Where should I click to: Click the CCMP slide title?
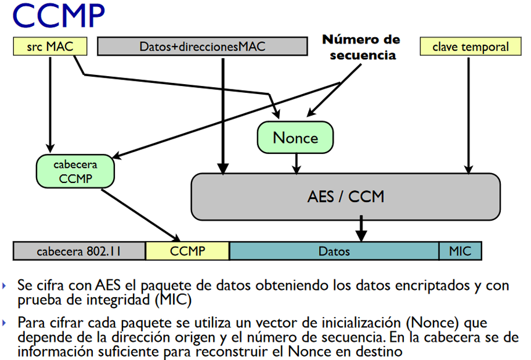pyautogui.click(x=59, y=15)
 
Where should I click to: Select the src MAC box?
pyautogui.click(x=50, y=46)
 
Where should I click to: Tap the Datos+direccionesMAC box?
pyautogui.click(x=203, y=46)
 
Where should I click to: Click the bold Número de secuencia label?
pyautogui.click(x=362, y=47)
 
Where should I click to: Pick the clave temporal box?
pyautogui.click(x=471, y=46)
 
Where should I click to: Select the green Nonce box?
pyautogui.click(x=295, y=138)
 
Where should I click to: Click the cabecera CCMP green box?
pyautogui.click(x=75, y=171)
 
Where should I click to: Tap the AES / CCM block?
pyautogui.click(x=346, y=197)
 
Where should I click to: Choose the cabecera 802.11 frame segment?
pyautogui.click(x=80, y=251)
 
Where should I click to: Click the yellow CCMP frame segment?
pyautogui.click(x=187, y=251)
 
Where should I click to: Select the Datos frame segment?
pyautogui.click(x=334, y=251)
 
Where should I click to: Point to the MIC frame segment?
pyautogui.click(x=460, y=251)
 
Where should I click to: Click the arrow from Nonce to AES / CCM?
pyautogui.click(x=297, y=164)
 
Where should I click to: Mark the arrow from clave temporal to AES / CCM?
pyautogui.click(x=469, y=116)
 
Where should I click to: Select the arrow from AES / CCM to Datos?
pyautogui.click(x=362, y=228)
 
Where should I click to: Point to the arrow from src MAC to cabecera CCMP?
pyautogui.click(x=50, y=105)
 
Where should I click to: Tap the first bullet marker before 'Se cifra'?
pyautogui.click(x=4, y=286)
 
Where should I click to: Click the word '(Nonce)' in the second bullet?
pyautogui.click(x=433, y=322)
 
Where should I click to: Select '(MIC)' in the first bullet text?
pyautogui.click(x=173, y=300)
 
